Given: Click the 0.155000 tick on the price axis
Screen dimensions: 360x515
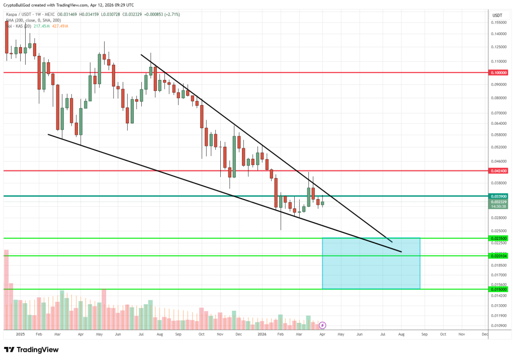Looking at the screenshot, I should click(x=498, y=23).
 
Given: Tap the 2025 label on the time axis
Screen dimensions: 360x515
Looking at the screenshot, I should click(x=20, y=334).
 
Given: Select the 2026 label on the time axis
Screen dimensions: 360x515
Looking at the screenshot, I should click(x=262, y=334).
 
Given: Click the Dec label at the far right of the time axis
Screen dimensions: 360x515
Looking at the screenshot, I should click(x=485, y=334).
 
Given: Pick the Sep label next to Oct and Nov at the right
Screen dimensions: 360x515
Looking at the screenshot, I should click(x=424, y=334).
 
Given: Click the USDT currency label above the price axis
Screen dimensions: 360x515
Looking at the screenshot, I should click(x=497, y=16).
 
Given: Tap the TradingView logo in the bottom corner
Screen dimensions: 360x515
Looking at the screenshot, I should click(x=31, y=349).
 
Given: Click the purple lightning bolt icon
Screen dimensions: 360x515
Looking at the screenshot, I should click(x=323, y=325).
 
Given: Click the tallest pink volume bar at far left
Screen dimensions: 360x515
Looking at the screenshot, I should click(x=7, y=289).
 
